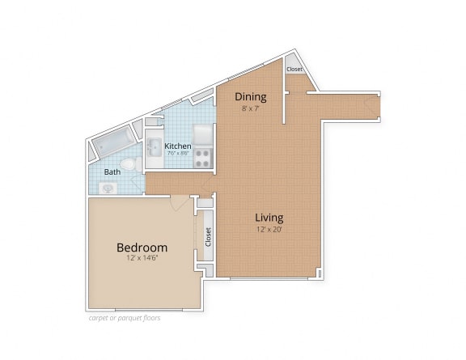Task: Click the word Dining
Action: (250, 97)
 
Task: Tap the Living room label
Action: (269, 217)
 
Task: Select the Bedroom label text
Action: (142, 247)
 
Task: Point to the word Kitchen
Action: (178, 146)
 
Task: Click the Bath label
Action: (112, 172)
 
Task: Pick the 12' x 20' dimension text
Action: (269, 229)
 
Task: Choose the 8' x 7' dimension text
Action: (250, 108)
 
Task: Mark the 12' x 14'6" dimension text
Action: (142, 258)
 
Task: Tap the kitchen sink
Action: (154, 149)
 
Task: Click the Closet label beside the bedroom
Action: (207, 236)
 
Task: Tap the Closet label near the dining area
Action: (294, 70)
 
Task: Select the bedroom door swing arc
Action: (180, 204)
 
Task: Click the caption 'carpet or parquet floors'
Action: (125, 318)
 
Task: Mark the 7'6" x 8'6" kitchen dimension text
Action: (178, 154)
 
